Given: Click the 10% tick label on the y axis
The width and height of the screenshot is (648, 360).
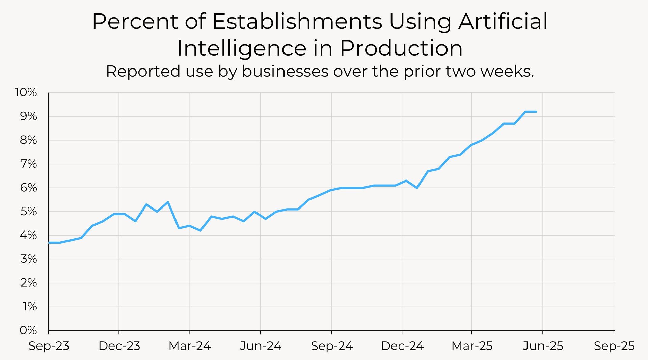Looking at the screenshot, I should tap(26, 92).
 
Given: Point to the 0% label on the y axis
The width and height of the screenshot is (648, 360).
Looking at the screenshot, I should tap(28, 330).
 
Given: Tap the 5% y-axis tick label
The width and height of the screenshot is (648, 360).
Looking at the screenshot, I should tap(28, 212).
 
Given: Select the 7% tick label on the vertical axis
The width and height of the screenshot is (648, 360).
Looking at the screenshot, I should tap(28, 164).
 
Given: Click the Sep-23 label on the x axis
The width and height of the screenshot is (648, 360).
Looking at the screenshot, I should tap(49, 346).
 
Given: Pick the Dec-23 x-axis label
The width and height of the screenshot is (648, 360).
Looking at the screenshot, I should tap(119, 346).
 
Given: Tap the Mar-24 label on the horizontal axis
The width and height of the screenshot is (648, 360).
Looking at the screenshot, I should tap(190, 346).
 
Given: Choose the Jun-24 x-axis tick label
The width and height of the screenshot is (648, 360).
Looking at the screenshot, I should tap(261, 346).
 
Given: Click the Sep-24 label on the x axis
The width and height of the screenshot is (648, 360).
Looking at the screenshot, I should tap(332, 346).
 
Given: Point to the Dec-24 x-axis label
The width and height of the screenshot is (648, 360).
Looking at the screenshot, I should tap(402, 346).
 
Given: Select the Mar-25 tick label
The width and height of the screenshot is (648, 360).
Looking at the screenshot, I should tap(472, 346).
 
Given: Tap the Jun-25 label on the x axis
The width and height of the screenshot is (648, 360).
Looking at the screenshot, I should tap(543, 346).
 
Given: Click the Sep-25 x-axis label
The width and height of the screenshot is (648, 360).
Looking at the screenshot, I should tap(614, 346).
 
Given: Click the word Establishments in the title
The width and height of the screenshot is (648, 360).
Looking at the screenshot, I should tap(297, 22).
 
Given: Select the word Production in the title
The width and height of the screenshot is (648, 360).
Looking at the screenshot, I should tap(401, 48).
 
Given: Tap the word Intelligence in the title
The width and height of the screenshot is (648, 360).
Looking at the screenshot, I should tap(242, 48).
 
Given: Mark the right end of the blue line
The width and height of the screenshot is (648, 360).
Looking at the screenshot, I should tap(536, 112).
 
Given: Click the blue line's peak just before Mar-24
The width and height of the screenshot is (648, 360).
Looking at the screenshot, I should tap(168, 202).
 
